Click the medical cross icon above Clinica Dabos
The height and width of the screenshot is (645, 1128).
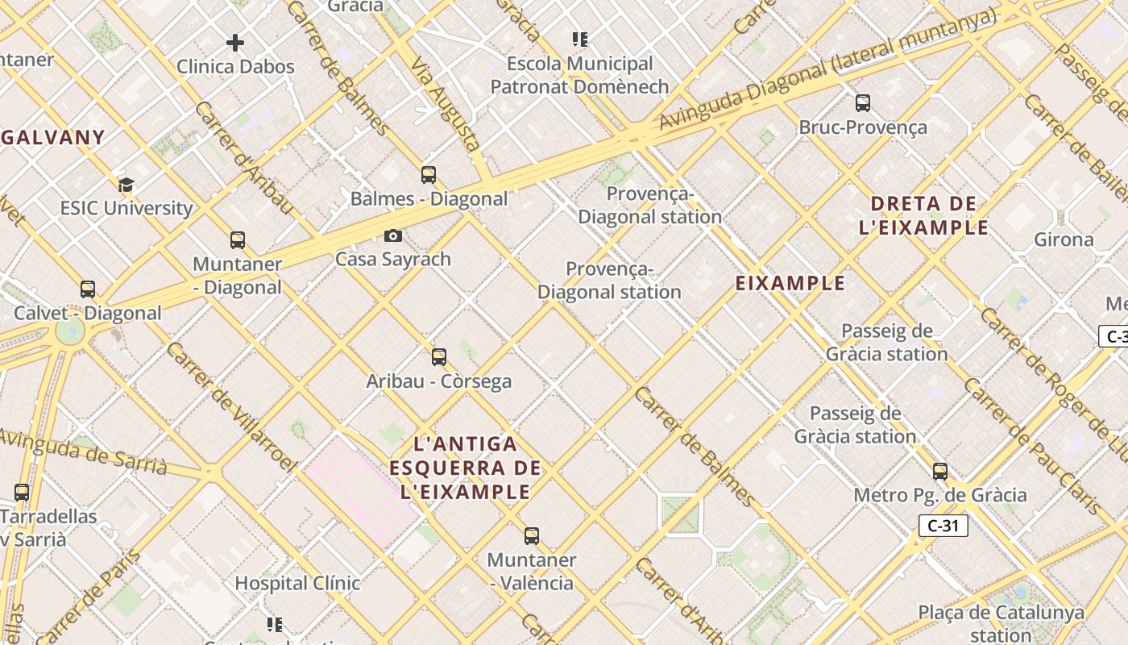coord(235,43)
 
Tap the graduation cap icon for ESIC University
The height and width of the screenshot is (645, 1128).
coord(126,185)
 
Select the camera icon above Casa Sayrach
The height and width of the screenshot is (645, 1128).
coord(393,236)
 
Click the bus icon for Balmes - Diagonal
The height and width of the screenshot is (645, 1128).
coord(429,175)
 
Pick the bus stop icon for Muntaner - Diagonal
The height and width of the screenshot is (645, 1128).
coord(238,240)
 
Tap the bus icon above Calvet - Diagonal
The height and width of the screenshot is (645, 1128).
coord(88,289)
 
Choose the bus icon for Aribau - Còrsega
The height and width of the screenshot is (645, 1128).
coord(439,357)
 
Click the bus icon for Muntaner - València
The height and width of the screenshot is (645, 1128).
coord(532,536)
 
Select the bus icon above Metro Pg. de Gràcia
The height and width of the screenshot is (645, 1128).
coord(940,472)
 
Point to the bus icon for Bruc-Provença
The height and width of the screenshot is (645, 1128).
coord(863,103)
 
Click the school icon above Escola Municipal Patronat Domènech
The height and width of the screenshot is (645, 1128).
coord(579,40)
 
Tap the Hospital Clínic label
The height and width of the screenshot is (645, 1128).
coord(297,583)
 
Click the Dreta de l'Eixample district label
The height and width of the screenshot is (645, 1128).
coord(923,215)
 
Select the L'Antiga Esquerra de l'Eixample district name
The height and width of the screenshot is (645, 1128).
coord(465,468)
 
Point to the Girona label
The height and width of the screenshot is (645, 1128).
coord(1064,239)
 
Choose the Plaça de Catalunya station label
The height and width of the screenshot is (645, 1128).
coord(1002,622)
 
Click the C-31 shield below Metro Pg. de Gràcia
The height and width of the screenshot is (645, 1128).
coord(943,526)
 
